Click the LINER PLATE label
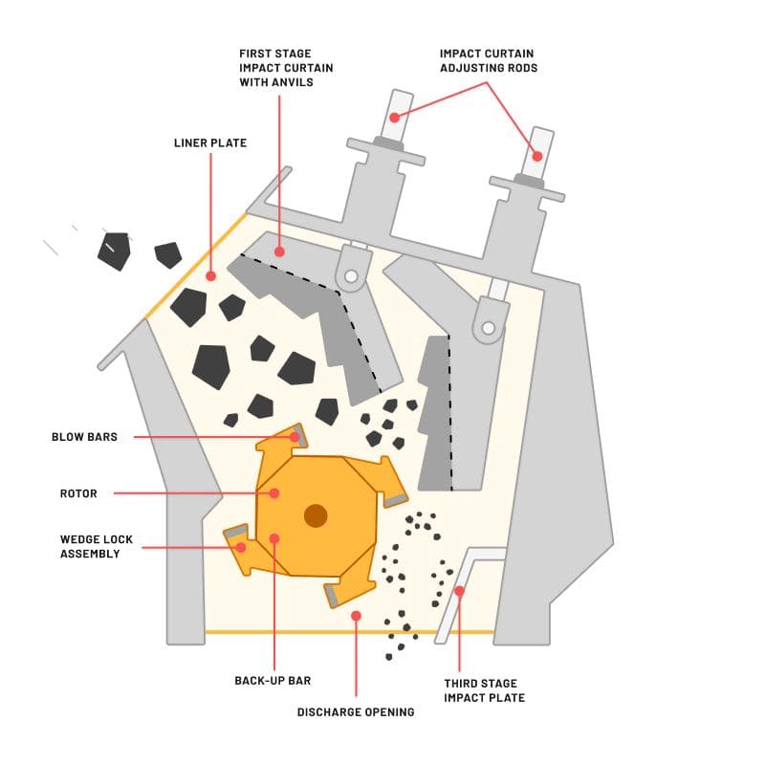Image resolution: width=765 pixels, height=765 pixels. (x=209, y=143)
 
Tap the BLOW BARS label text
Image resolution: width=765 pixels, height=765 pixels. (x=84, y=437)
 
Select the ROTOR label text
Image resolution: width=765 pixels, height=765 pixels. (x=78, y=494)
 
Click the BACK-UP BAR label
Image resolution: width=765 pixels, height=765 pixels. (x=273, y=681)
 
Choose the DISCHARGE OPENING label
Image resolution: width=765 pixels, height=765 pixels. (x=355, y=711)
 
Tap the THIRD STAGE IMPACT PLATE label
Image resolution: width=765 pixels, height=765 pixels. (x=484, y=690)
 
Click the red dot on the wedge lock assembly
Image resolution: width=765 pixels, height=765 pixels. (x=241, y=548)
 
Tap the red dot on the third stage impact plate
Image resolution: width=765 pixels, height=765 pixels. (x=459, y=591)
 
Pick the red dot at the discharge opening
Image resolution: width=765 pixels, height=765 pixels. (x=355, y=616)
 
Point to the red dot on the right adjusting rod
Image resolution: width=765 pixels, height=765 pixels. (x=537, y=156)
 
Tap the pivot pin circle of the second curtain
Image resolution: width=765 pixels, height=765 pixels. (x=489, y=331)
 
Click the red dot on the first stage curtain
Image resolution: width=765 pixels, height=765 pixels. (x=279, y=251)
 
